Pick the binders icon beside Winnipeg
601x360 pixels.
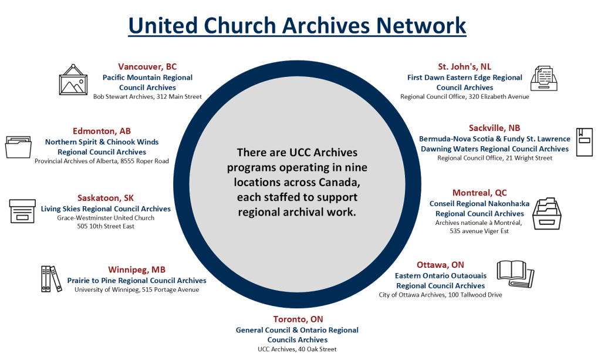tap(51, 278)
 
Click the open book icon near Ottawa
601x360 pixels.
tap(515, 272)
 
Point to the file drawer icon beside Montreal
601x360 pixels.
tap(548, 213)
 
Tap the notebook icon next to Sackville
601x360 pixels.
tap(584, 142)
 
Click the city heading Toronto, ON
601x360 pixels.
tap(298, 319)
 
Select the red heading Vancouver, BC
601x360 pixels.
tap(147, 66)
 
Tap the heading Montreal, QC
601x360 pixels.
tap(480, 193)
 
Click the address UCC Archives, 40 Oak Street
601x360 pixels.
tap(297, 349)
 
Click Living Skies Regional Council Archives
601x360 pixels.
tap(106, 208)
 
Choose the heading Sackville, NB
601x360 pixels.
tap(494, 128)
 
